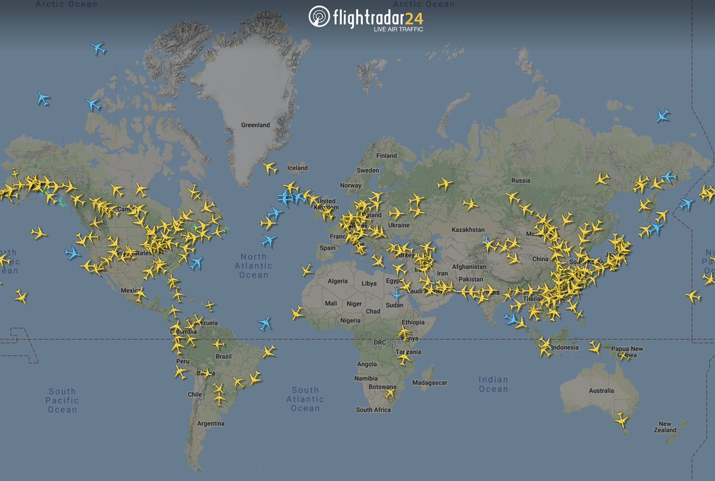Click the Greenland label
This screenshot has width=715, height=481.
(255, 125)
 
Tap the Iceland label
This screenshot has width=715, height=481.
(297, 168)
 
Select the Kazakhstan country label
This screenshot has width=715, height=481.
(468, 229)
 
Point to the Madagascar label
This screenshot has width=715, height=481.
(430, 383)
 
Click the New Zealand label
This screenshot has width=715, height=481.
(667, 427)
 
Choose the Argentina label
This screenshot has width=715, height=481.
(212, 424)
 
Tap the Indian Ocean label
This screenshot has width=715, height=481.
(493, 384)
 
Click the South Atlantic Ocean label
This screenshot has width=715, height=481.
(305, 399)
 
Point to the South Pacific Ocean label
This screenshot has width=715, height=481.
(62, 400)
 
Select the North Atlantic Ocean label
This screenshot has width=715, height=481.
(254, 266)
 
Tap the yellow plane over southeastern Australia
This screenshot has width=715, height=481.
(621, 420)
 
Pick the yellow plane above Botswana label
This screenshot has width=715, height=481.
(390, 393)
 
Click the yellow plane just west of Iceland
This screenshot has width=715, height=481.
(270, 168)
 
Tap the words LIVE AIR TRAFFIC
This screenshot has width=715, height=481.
(398, 29)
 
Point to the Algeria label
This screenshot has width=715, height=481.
(337, 281)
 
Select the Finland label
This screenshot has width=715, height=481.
(386, 156)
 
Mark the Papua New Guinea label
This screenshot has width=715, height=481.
(627, 352)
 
